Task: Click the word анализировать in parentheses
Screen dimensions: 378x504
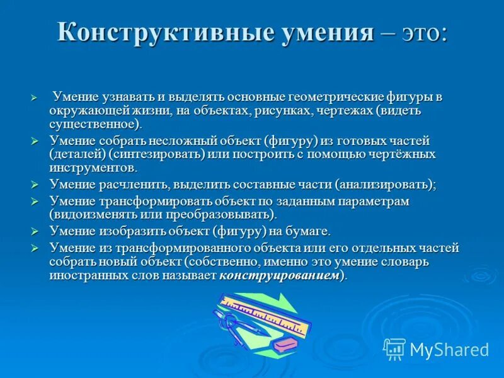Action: [384, 185]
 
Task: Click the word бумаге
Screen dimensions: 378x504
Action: [307, 231]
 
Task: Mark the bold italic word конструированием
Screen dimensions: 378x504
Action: [278, 275]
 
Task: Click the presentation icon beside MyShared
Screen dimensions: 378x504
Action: [394, 349]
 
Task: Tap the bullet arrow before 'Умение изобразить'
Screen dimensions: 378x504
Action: [35, 232]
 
